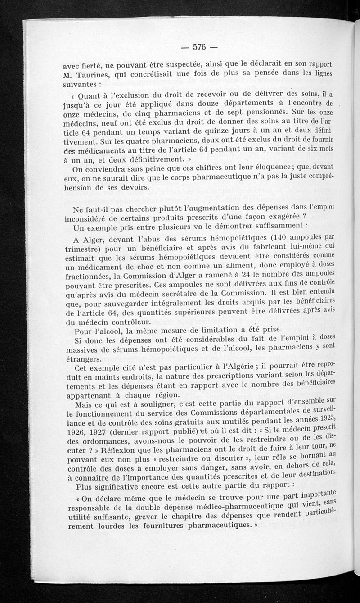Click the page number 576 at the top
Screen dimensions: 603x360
[199, 47]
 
